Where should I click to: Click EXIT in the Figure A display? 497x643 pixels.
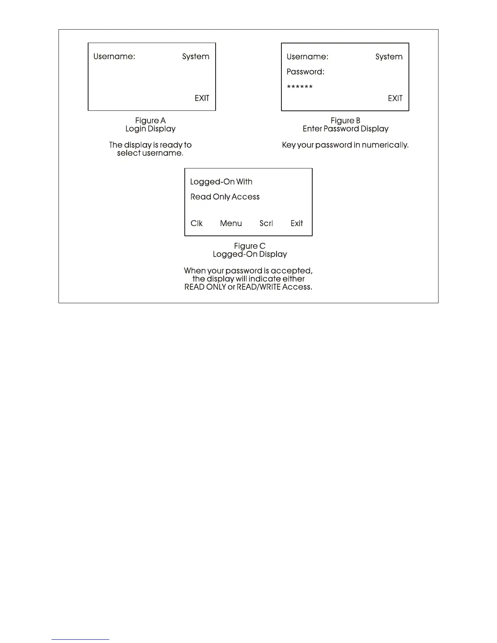(x=202, y=98)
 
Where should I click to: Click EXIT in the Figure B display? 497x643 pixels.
(x=395, y=98)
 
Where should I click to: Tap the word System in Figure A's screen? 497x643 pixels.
(x=196, y=57)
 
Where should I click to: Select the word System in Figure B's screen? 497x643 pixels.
(x=389, y=57)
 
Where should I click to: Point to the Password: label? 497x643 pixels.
(x=305, y=72)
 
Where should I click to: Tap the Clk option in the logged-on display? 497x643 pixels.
(x=197, y=223)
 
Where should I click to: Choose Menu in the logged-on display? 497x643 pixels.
(x=231, y=223)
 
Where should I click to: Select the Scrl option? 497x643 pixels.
(x=266, y=223)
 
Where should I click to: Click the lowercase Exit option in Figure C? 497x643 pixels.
(x=297, y=223)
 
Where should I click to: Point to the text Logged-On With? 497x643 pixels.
(x=221, y=182)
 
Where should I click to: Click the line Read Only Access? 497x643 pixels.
(x=225, y=197)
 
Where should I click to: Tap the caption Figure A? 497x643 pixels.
(x=150, y=121)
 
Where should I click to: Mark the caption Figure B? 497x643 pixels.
(x=346, y=121)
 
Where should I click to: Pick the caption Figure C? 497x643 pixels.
(x=250, y=246)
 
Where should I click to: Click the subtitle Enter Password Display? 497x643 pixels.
(x=346, y=129)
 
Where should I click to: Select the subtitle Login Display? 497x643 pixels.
(x=150, y=129)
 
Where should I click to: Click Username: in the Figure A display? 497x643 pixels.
(x=114, y=56)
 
